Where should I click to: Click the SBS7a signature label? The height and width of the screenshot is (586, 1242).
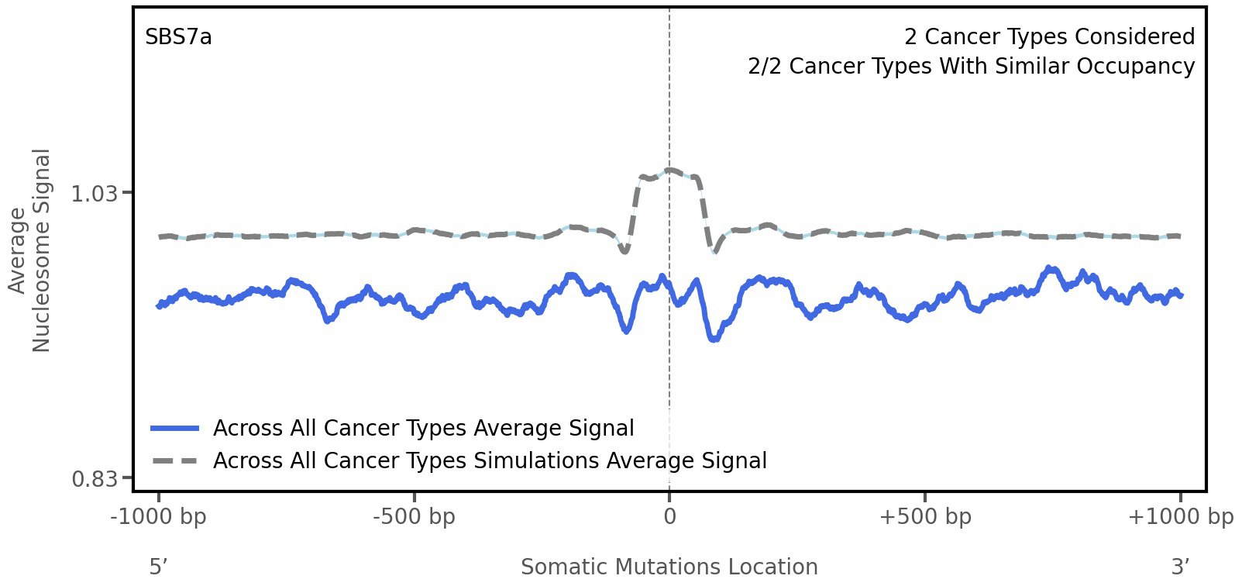pyautogui.click(x=178, y=37)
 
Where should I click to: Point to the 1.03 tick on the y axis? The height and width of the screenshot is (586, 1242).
pyautogui.click(x=94, y=193)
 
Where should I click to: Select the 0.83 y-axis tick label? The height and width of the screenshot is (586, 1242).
pyautogui.click(x=94, y=478)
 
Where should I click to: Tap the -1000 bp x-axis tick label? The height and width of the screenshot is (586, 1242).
pyautogui.click(x=159, y=516)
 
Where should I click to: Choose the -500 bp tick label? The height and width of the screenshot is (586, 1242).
pyautogui.click(x=414, y=516)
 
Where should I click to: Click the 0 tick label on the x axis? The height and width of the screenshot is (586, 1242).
pyautogui.click(x=669, y=516)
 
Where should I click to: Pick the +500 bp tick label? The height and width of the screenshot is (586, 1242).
pyautogui.click(x=925, y=516)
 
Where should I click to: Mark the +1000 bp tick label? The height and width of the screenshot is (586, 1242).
pyautogui.click(x=1180, y=516)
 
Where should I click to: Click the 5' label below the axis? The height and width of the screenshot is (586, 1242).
pyautogui.click(x=159, y=567)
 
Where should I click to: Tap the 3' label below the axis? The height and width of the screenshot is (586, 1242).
pyautogui.click(x=1180, y=567)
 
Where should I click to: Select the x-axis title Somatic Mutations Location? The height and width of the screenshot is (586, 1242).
pyautogui.click(x=669, y=567)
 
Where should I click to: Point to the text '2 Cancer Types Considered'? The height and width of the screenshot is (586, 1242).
pyautogui.click(x=1049, y=37)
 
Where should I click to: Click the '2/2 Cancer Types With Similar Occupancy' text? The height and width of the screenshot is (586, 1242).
pyautogui.click(x=971, y=67)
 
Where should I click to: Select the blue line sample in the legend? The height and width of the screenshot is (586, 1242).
pyautogui.click(x=176, y=429)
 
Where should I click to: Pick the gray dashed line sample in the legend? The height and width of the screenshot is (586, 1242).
pyautogui.click(x=176, y=461)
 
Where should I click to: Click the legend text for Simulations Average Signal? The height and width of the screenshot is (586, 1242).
pyautogui.click(x=490, y=461)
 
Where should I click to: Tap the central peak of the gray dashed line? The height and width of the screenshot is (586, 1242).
pyautogui.click(x=670, y=170)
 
